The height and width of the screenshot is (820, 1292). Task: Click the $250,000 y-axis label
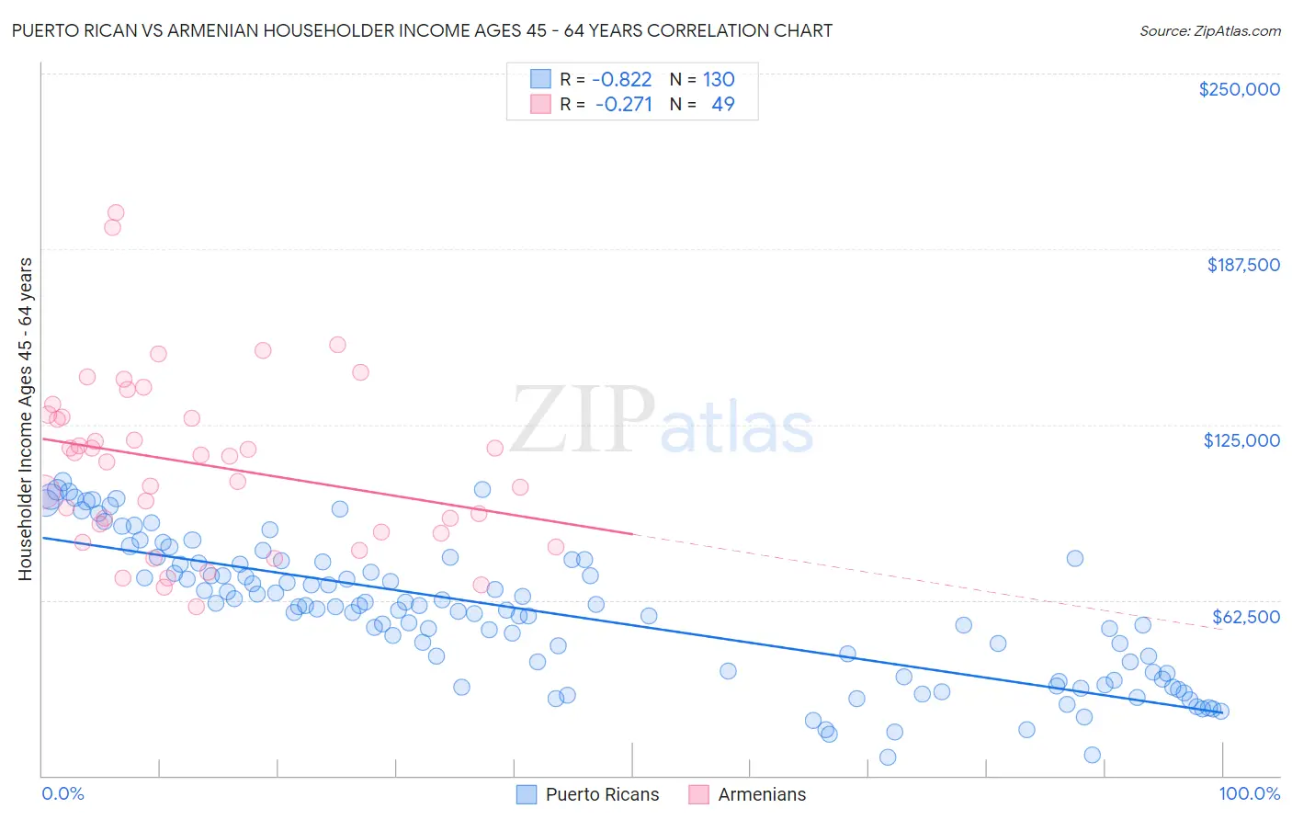[x=1239, y=89]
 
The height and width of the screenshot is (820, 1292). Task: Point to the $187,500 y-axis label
[x=1242, y=265]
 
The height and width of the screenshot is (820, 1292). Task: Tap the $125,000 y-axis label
[x=1241, y=440]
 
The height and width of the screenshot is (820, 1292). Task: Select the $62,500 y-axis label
[x=1245, y=617]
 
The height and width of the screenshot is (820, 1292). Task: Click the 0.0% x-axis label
[x=62, y=794]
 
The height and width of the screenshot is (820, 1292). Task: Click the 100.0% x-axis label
[x=1249, y=794]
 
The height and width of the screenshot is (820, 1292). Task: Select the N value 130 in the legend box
[x=719, y=79]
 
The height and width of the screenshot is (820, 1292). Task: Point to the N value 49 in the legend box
[x=723, y=104]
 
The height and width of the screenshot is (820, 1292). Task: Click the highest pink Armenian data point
[x=116, y=212]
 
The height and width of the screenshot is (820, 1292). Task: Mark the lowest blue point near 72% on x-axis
[x=888, y=757]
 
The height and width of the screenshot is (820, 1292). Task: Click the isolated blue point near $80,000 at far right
[x=1074, y=558]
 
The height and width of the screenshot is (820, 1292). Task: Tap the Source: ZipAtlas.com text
[x=1209, y=31]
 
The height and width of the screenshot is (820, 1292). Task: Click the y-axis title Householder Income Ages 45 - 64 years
[x=25, y=418]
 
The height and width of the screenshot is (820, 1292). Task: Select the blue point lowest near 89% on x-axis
[x=1092, y=755]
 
